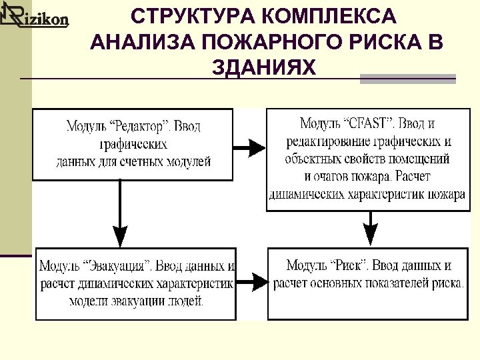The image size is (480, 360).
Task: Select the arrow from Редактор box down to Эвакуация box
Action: click(x=119, y=213)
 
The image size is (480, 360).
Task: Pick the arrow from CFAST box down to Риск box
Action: click(x=370, y=228)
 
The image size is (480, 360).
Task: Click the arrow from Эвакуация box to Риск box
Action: click(x=251, y=283)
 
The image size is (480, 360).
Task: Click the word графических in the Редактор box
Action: click(x=133, y=143)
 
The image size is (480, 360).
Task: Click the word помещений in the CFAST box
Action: click(x=421, y=159)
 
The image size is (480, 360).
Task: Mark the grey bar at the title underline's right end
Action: click(x=407, y=79)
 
